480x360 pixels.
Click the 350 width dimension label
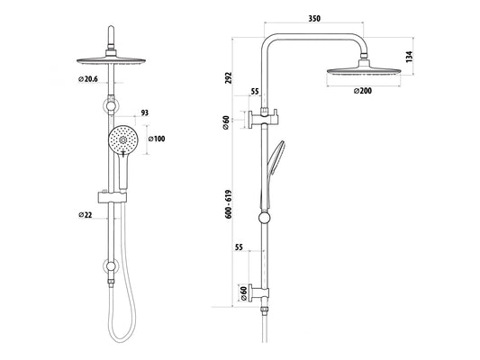tap(314, 17)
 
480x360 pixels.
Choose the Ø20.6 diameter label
tap(87, 80)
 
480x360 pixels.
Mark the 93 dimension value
tap(146, 114)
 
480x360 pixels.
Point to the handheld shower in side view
tap(275, 162)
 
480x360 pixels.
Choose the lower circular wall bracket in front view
tap(110, 265)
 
